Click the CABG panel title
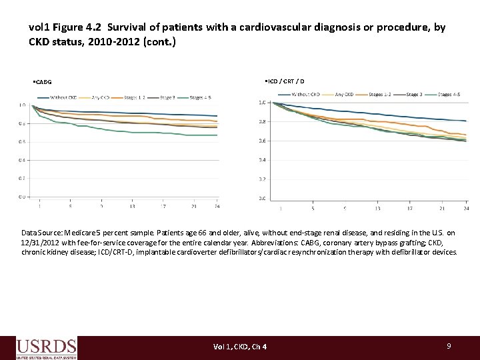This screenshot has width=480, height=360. coord(43,83)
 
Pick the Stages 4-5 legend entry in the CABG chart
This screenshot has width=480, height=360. coord(201,97)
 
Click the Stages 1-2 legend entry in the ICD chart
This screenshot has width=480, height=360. coord(379,94)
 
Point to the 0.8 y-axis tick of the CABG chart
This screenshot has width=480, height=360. coord(23,123)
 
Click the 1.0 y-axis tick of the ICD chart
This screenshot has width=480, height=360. coord(262,103)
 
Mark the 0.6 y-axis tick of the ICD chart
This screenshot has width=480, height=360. coord(262,141)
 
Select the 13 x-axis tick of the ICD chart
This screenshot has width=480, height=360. coord(377,208)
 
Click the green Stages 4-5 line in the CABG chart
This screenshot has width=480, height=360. coord(133,131)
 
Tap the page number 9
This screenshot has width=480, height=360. coord(449,346)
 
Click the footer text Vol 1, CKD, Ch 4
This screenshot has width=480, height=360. coord(240,347)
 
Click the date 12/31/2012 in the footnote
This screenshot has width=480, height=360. coord(44,243)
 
